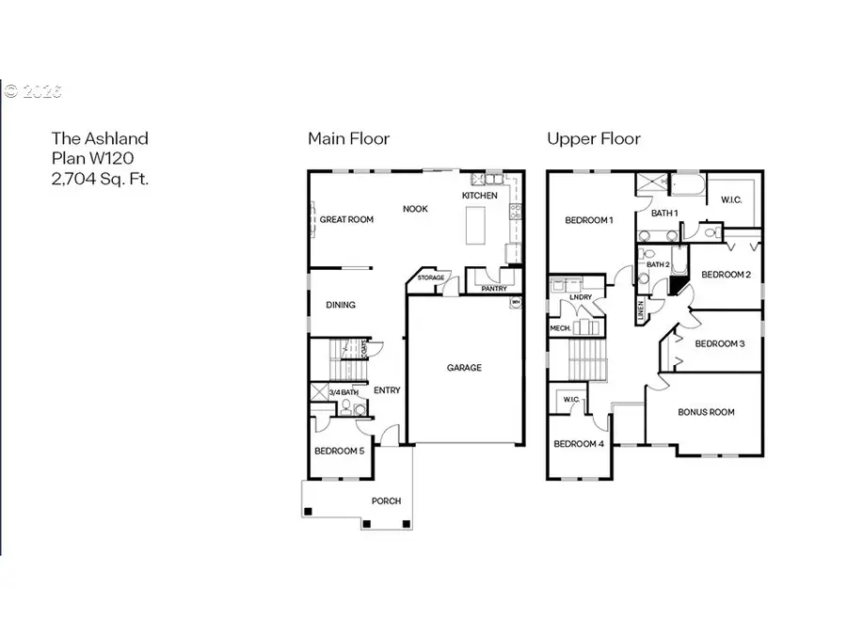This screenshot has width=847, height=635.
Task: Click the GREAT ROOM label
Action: tap(346, 220)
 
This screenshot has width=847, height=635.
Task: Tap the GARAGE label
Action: tap(464, 368)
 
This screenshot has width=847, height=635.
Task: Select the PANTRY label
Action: tap(493, 289)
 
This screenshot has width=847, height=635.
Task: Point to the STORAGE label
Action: tap(431, 278)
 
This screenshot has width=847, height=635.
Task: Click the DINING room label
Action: tap(340, 305)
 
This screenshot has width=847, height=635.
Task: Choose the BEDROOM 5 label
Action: tap(339, 452)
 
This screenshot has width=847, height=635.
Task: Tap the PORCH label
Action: tap(386, 500)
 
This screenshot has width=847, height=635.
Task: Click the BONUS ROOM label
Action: tap(706, 412)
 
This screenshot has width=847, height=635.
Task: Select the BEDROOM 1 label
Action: tap(589, 220)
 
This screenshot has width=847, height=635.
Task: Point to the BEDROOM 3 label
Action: tap(719, 343)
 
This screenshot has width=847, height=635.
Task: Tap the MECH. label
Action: tap(560, 328)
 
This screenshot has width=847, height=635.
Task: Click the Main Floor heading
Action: tap(348, 138)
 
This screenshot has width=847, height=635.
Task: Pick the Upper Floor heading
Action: tap(593, 138)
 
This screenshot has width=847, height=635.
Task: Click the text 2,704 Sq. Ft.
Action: tap(100, 178)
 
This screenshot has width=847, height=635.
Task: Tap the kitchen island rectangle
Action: tap(476, 227)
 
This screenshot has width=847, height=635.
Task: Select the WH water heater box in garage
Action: tap(516, 302)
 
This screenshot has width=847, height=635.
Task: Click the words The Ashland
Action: tap(99, 138)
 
